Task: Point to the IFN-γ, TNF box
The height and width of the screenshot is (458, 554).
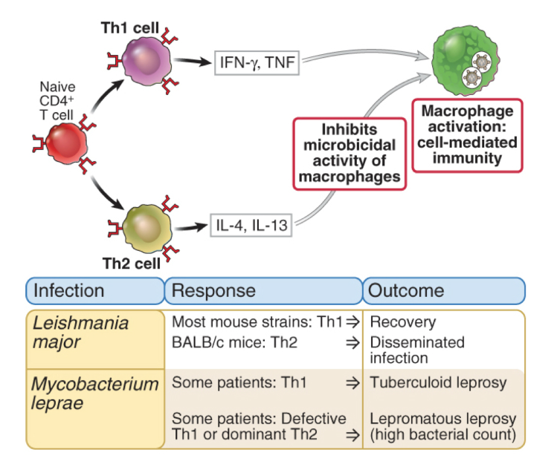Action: tap(257, 64)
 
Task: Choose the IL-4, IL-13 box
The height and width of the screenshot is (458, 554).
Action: tap(250, 223)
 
